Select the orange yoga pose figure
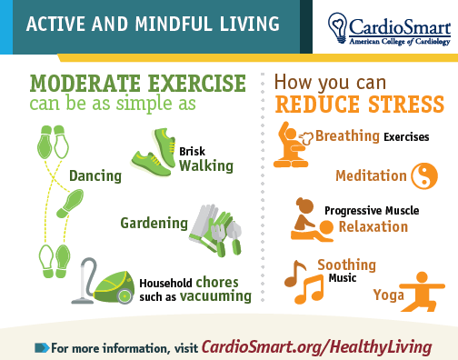click(416, 289)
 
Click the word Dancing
click(95, 175)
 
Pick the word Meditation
click(368, 175)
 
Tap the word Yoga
click(388, 295)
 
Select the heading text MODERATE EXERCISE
click(137, 85)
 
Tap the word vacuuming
click(214, 295)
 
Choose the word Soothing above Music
click(346, 265)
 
